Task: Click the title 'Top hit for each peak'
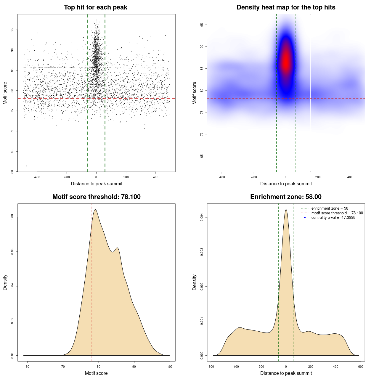point(95,7)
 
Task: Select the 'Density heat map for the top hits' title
point(286,7)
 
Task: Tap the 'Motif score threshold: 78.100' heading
point(96,197)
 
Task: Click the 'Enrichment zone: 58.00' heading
point(286,197)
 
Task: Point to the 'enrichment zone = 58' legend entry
point(330,208)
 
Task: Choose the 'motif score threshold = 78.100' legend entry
point(337,213)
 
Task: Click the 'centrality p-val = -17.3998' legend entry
point(333,218)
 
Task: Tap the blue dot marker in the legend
point(305,218)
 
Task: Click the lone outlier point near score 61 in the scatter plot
point(26,166)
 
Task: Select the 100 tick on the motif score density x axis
point(170,367)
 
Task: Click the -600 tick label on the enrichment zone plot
point(211,367)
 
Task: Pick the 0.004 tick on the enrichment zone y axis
point(202,218)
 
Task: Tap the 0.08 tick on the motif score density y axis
point(12,217)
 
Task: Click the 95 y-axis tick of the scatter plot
point(12,30)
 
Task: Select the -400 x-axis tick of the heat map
point(222,177)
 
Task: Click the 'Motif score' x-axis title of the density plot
point(96,373)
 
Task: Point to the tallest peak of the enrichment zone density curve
point(286,210)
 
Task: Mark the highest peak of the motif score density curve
point(95,210)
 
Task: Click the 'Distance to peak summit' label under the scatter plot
point(97,184)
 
